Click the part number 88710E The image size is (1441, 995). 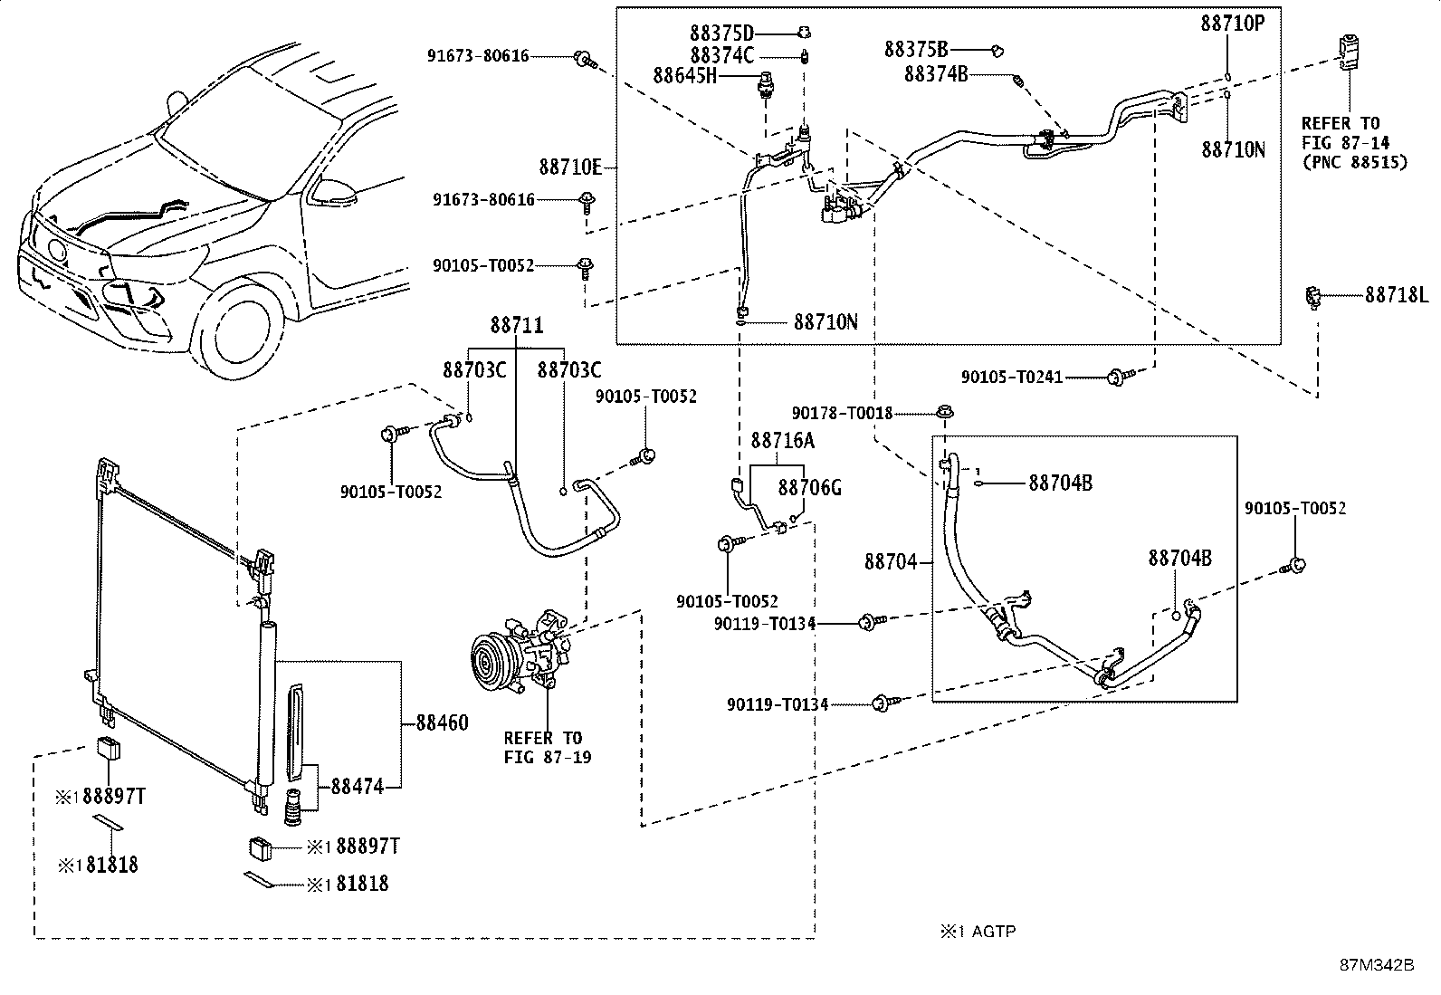570,167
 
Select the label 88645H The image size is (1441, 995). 683,76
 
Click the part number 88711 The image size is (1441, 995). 517,325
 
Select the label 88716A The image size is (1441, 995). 782,441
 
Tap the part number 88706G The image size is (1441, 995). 810,488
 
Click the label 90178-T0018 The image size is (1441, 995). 841,413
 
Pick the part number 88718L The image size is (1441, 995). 1396,295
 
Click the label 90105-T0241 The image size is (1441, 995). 1011,377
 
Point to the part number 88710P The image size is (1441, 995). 1232,24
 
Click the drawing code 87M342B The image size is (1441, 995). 1377,964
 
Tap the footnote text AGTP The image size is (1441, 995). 993,931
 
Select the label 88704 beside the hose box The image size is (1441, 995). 892,562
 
